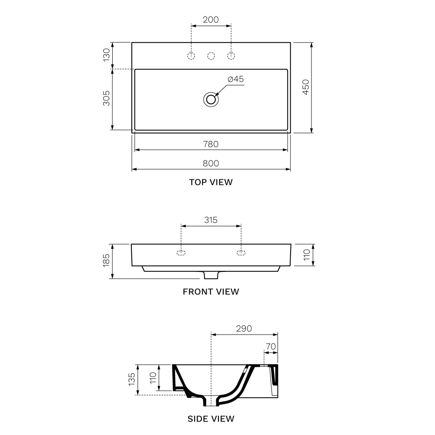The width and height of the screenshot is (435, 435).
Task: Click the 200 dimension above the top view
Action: click(x=211, y=20)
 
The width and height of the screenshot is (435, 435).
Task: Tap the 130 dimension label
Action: click(x=106, y=55)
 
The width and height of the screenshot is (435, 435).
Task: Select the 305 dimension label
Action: click(x=106, y=99)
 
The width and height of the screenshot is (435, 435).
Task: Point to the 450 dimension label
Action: click(x=305, y=87)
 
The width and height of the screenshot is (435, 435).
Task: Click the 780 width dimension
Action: click(x=211, y=144)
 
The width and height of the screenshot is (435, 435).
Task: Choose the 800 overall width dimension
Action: click(x=211, y=163)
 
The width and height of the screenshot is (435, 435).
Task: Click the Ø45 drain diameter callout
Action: click(x=235, y=79)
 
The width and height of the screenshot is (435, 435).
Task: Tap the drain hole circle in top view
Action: click(x=211, y=99)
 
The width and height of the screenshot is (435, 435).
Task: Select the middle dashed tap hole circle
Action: click(x=211, y=56)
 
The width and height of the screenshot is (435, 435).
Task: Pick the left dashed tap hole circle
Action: click(x=191, y=56)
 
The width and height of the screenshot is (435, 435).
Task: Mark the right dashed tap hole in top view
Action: click(x=231, y=56)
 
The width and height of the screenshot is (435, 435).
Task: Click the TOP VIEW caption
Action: click(x=211, y=182)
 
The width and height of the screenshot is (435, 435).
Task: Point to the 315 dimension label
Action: click(x=211, y=220)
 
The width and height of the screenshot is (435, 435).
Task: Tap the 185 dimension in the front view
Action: click(x=106, y=261)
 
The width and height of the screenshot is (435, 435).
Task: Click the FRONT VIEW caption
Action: click(x=211, y=291)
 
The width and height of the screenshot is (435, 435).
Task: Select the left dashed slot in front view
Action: click(x=181, y=253)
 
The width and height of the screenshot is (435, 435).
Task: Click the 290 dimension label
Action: click(x=244, y=328)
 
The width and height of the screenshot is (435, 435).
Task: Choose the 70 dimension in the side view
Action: click(x=271, y=347)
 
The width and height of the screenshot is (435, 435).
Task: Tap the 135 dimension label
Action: click(x=132, y=379)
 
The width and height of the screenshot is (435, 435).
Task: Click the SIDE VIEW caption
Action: click(x=211, y=419)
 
